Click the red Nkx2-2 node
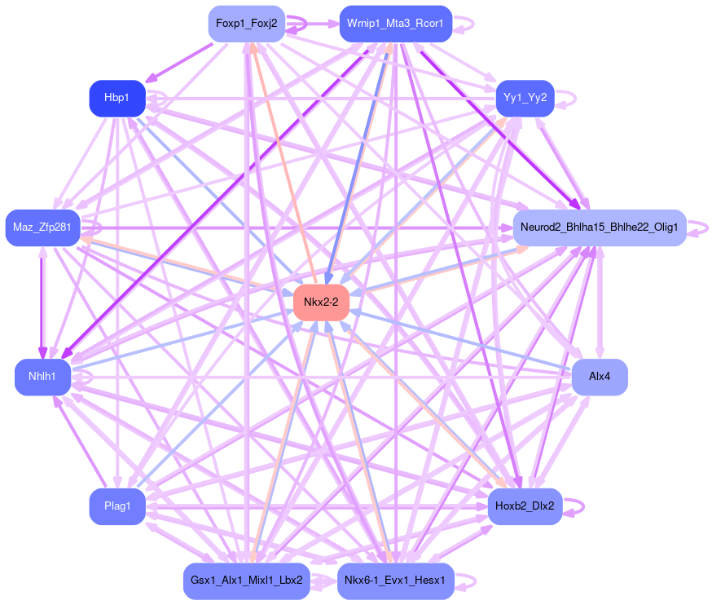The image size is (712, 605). pos(321,302)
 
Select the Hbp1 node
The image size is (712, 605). pos(116,98)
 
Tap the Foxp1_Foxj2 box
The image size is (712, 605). pos(246,24)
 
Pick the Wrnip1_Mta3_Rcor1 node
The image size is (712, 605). pos(394,24)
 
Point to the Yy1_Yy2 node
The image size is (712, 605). pos(525,98)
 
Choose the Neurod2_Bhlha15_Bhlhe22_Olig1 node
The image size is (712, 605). pos(599,227)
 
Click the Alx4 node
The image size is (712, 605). pos(599,378)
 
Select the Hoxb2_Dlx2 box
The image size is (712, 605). pos(525,506)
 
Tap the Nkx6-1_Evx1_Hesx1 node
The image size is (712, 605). pos(394,581)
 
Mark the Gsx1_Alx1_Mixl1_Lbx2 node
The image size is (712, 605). pos(246,581)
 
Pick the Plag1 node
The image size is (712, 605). pos(116,506)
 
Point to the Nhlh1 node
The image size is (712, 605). pos(42,378)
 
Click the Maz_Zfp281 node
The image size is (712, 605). pos(42,227)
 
